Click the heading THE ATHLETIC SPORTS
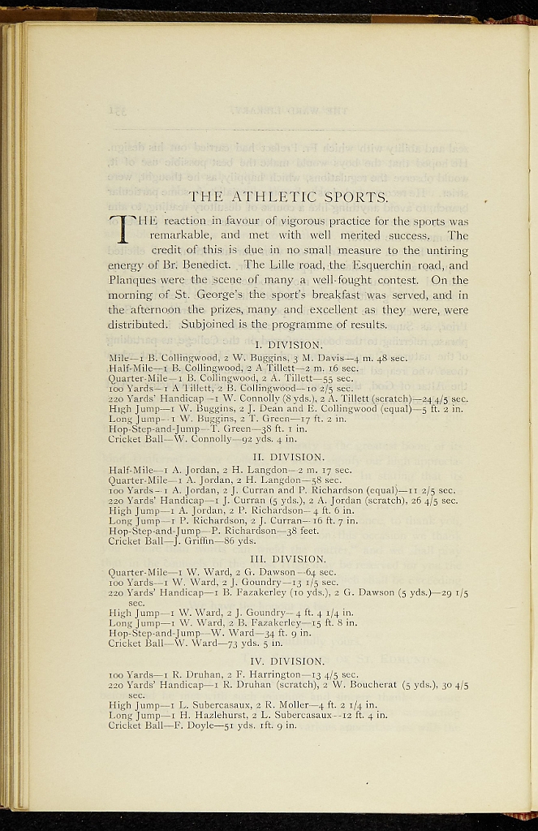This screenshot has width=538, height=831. coord(288,196)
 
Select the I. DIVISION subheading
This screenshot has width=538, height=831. coord(288,344)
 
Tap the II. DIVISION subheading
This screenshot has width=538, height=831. coord(288,457)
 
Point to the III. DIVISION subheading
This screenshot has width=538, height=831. coord(288,558)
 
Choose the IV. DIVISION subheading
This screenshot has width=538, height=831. coord(288,661)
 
